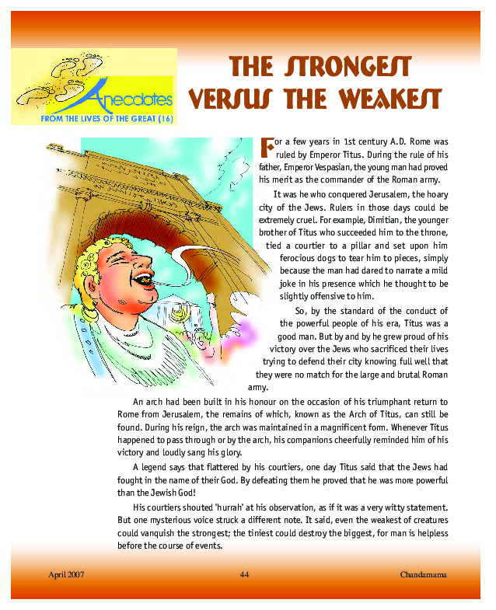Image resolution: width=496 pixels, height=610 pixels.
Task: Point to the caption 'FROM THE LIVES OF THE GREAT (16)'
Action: click(x=93, y=119)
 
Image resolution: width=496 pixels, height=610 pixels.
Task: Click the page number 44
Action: click(x=245, y=574)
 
